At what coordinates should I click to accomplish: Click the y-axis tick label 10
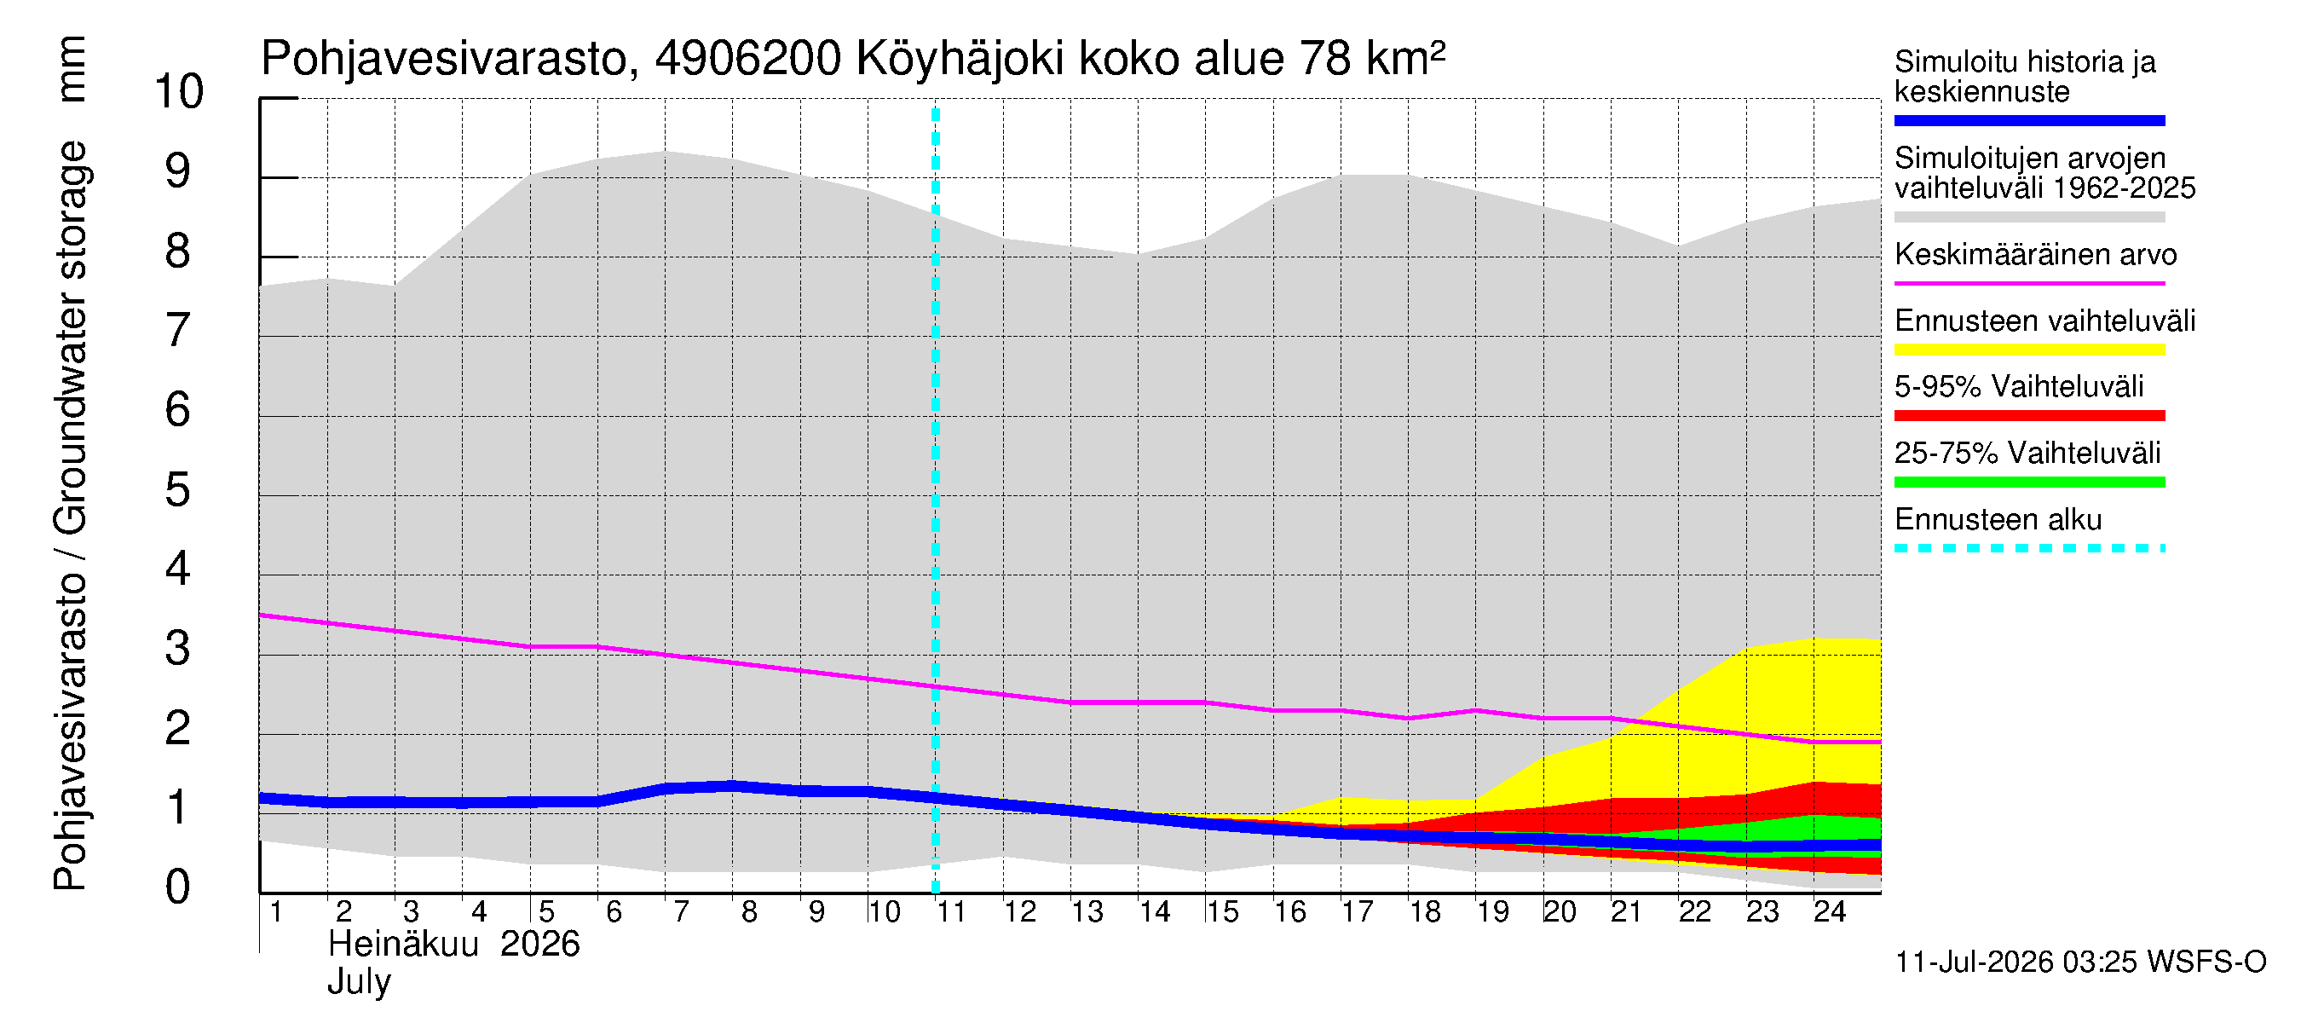point(179,91)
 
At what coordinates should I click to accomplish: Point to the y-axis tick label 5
point(178,489)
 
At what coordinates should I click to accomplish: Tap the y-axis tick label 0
point(178,887)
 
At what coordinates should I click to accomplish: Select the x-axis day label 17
point(1357,911)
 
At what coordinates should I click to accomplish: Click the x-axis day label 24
point(1830,911)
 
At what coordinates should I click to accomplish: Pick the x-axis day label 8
point(748,911)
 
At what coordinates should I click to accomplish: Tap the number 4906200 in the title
point(748,59)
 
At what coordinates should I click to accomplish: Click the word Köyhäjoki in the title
point(960,60)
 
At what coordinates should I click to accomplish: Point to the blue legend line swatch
point(2029,120)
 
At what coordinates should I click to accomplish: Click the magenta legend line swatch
point(2029,283)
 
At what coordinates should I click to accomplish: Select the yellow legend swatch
point(2029,350)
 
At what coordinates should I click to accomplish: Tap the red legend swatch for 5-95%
point(2029,415)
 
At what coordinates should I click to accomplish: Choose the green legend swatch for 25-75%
point(2029,483)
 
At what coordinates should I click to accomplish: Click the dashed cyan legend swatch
point(2029,548)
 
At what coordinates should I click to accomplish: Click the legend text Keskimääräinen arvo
point(2036,255)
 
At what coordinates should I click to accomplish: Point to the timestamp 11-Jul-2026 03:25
point(2016,962)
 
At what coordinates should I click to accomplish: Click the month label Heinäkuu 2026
point(453,945)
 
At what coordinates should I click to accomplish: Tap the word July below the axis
point(359,983)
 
